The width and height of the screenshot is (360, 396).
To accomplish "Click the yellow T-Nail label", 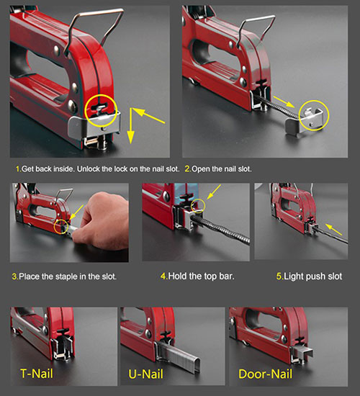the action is click(37, 374).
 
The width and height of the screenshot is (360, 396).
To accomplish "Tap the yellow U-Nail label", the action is click(145, 374).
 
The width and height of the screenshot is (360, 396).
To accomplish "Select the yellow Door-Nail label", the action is click(265, 374).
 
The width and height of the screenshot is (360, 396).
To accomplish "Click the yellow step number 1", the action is click(18, 169).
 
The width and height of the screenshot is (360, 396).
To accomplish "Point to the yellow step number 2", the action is click(188, 169).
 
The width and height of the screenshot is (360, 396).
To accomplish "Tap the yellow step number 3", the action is click(15, 276).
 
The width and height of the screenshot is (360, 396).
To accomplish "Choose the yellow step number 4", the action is click(164, 276).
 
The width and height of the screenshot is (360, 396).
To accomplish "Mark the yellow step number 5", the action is click(279, 276).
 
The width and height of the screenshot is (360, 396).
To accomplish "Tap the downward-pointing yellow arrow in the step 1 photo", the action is click(130, 126).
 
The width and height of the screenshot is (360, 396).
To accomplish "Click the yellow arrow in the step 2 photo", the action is click(284, 102).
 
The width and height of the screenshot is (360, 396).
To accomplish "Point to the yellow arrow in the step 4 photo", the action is click(214, 192).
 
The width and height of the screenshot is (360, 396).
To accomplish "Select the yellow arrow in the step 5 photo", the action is click(333, 229).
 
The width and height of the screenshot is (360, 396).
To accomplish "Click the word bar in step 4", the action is click(228, 276).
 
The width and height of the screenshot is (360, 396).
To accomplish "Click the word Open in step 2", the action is click(200, 169).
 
